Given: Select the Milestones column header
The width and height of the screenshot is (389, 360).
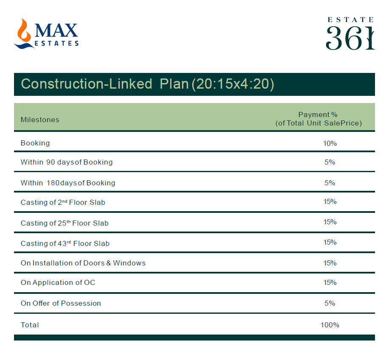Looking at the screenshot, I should [x=40, y=120].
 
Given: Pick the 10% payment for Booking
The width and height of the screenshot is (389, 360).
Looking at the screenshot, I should [x=330, y=143].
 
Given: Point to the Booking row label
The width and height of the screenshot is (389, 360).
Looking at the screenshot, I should [x=35, y=143].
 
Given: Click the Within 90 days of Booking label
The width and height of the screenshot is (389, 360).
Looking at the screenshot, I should [x=67, y=162].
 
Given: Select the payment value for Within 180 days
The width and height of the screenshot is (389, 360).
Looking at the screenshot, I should [x=330, y=183].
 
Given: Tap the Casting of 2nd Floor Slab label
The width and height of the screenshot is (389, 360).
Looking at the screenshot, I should [x=63, y=202].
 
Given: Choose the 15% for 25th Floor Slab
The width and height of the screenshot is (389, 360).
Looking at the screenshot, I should [x=330, y=222].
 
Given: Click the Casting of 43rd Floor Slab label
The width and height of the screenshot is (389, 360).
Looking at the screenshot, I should [x=65, y=243].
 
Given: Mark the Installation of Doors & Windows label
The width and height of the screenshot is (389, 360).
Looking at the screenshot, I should [x=83, y=263].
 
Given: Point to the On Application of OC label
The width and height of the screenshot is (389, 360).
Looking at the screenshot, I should [x=58, y=282].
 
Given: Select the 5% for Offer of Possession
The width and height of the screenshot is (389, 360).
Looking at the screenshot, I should [x=330, y=303].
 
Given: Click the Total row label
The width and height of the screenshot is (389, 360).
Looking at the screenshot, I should [x=30, y=325].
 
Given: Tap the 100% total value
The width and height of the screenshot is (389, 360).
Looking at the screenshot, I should [x=330, y=325].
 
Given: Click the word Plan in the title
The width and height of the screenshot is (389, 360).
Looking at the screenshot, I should [x=174, y=84].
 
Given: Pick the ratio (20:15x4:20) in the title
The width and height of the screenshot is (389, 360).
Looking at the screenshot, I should [x=233, y=84].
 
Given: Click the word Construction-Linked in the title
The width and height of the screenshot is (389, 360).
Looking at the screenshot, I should [x=87, y=84].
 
